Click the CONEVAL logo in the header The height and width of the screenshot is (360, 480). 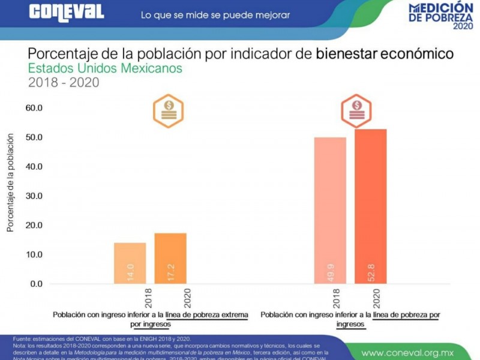click(67, 12)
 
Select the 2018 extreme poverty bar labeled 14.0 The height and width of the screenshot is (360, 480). click(130, 263)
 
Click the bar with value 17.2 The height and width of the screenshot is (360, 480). click(170, 258)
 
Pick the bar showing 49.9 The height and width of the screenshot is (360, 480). click(330, 210)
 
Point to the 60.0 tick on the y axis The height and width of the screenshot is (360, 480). click(34, 108)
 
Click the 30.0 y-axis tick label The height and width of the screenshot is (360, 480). click(34, 196)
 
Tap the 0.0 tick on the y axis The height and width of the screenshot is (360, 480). click(35, 284)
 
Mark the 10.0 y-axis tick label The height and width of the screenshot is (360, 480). click(34, 254)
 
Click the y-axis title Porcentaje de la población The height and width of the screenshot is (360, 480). click(10, 183)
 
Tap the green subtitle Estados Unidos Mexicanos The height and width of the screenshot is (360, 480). click(105, 68)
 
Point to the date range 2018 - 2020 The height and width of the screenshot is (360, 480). click(64, 83)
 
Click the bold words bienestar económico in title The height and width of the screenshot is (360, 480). click(385, 53)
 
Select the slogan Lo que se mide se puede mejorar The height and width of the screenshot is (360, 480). click(215, 14)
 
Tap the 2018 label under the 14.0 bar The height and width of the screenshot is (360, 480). click(148, 298)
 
